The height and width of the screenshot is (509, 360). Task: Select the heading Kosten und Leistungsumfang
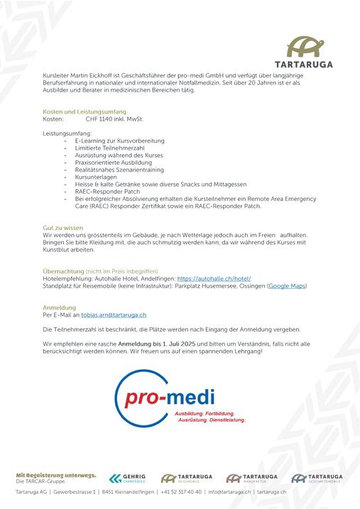(x=84, y=111)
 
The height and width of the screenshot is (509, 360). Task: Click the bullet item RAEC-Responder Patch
(x=108, y=191)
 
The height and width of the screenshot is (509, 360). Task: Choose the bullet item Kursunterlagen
(x=97, y=177)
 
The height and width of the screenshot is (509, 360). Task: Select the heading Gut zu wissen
(x=63, y=227)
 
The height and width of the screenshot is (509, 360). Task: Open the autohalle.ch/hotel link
(x=214, y=278)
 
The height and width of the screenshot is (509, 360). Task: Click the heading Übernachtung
(x=63, y=271)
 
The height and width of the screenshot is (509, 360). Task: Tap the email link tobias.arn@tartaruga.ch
(x=114, y=314)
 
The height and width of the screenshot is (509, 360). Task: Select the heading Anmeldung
(x=59, y=307)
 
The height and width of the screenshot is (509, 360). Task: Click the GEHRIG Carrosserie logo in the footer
(x=129, y=478)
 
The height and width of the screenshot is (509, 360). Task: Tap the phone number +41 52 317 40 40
(x=181, y=491)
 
